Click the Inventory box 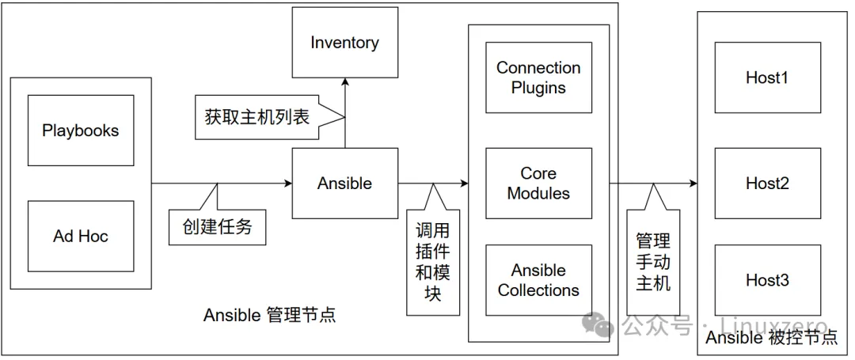coord(344,43)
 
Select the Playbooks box coord(81,131)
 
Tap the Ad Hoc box coord(81,236)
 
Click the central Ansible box coord(344,184)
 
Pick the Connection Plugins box coord(538,78)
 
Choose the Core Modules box coord(538,184)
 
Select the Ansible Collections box coord(538,281)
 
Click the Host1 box coord(767,78)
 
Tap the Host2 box coord(767,184)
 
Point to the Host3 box coord(767,281)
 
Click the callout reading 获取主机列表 coord(257,117)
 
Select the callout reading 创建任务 coord(217,226)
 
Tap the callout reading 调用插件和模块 coord(433,261)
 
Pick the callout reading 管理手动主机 coord(653,261)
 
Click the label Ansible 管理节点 coord(269,315)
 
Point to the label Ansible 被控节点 coord(771,338)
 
